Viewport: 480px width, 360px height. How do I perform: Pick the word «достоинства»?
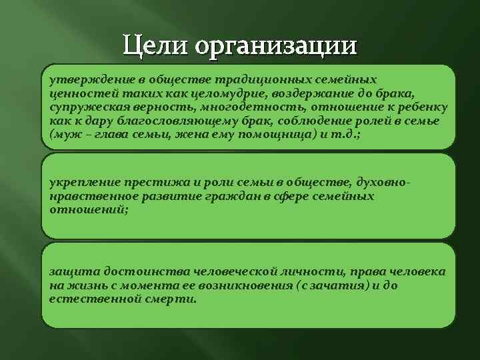[x=133, y=272]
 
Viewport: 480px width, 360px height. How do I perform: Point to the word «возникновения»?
[x=251, y=285]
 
